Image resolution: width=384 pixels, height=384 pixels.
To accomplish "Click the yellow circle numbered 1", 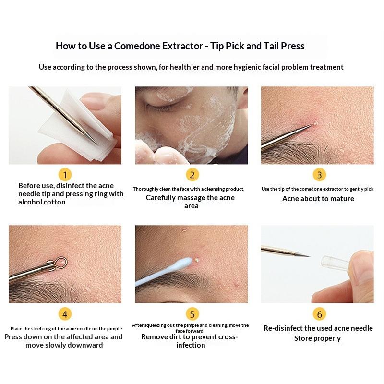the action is tap(65, 175).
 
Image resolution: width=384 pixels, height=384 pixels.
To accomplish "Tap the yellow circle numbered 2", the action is tap(192, 175).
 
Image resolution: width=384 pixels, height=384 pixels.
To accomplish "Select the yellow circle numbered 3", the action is tap(319, 175).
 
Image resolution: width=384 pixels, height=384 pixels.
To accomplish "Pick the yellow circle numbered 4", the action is tap(65, 314).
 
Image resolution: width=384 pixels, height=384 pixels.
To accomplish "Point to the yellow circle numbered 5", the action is tap(192, 314).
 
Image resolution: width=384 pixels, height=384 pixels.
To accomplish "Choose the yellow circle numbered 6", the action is tap(319, 314).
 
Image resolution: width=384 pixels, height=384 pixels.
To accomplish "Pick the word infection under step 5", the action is tap(191, 345).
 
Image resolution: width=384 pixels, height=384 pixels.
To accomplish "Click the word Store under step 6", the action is tap(303, 338).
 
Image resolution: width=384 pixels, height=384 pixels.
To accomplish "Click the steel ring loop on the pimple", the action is tap(60, 261).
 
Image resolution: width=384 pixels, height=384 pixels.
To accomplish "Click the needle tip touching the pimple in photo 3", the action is tap(313, 125).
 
